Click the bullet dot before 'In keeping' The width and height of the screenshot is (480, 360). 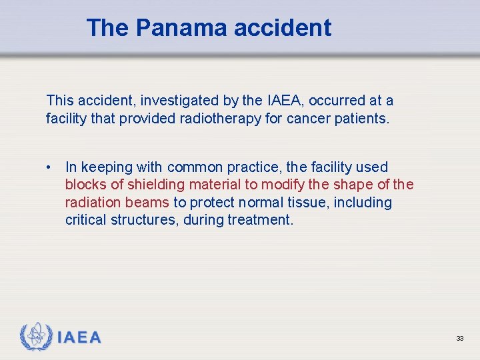point(50,167)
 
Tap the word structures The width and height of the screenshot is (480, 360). point(146,220)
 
